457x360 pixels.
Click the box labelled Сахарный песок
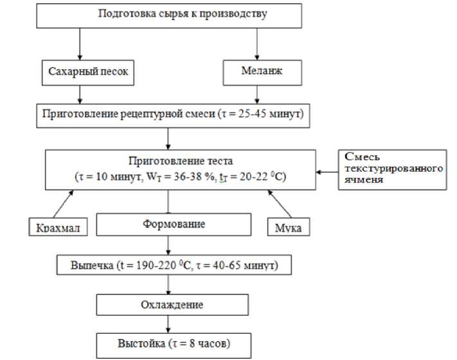pos(89,73)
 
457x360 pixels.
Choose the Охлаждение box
pos(172,304)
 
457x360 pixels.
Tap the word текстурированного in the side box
pos(394,168)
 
